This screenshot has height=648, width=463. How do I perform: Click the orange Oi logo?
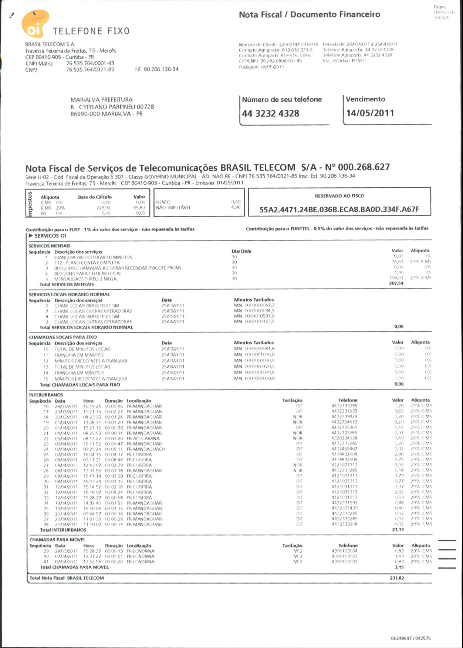point(35,24)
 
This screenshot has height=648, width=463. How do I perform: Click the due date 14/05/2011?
point(370,113)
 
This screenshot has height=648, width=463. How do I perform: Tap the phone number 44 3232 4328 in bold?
point(270,113)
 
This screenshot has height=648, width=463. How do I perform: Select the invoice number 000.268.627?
point(364,167)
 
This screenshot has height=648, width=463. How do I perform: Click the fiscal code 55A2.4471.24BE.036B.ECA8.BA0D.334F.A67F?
point(339,210)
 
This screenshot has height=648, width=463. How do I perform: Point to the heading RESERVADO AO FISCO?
point(339,196)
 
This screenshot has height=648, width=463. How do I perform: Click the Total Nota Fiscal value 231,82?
point(396,578)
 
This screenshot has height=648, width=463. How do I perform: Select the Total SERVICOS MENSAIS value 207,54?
point(396,283)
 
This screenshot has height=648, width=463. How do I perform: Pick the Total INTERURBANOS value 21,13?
point(398,530)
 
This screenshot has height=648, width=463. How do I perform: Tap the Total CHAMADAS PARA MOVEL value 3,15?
point(399,567)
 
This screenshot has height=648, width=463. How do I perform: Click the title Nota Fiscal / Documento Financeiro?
point(309,14)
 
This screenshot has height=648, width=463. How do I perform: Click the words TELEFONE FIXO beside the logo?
point(91,31)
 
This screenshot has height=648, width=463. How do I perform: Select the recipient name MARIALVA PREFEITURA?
point(101,100)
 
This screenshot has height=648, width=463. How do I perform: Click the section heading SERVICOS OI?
point(50,236)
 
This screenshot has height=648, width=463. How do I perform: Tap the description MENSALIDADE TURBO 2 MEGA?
point(85,279)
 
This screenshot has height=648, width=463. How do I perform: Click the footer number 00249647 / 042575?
point(410,638)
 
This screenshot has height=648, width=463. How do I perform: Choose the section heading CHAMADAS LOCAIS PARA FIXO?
point(63,337)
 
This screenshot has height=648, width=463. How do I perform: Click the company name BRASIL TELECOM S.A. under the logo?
point(50,44)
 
